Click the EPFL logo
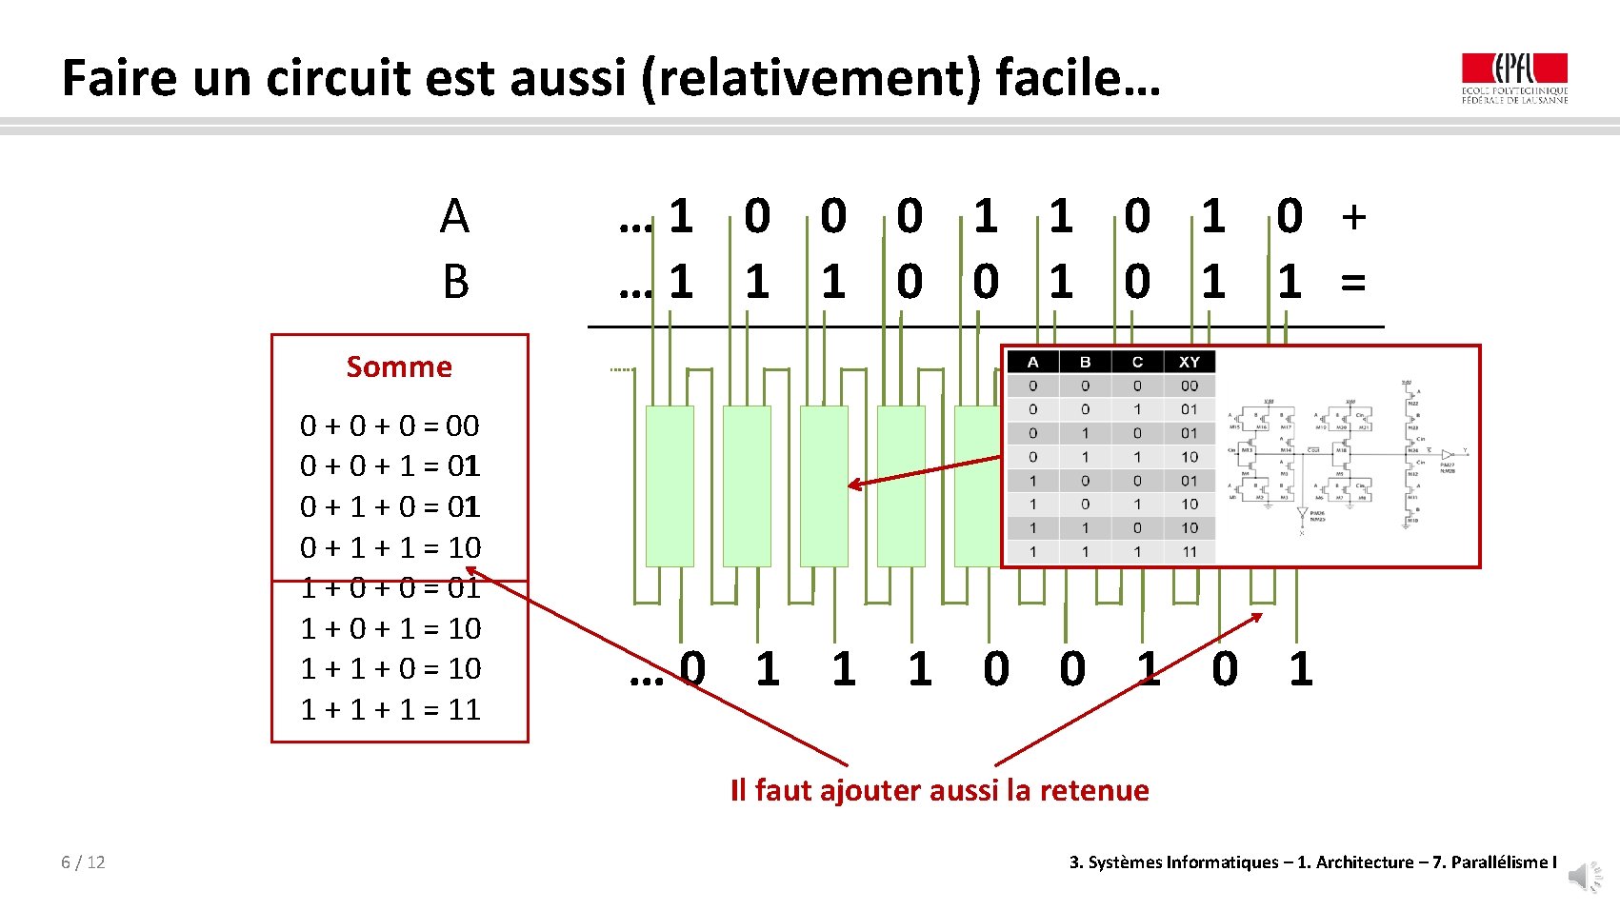1514,77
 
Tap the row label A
454,217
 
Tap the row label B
455,283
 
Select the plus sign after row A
1353,217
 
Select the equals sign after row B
1353,283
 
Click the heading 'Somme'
399,366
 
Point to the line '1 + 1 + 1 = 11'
390,709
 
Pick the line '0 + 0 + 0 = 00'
390,426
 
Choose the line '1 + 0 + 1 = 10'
390,628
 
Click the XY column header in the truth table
1189,362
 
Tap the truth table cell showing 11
1190,551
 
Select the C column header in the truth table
1137,362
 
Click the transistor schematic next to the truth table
1343,457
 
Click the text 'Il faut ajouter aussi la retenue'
939,790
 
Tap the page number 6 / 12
83,862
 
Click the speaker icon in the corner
1585,876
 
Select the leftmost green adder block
670,485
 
